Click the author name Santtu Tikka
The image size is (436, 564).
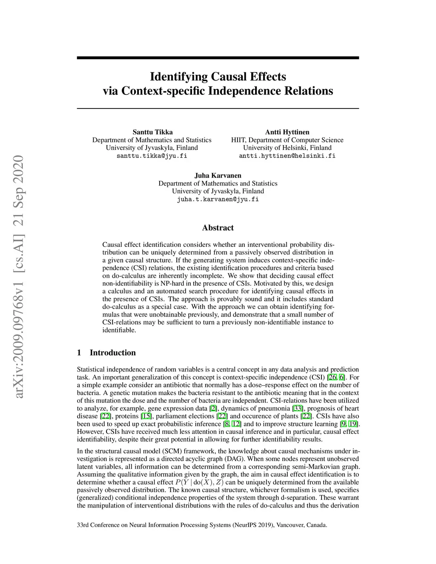[152, 132]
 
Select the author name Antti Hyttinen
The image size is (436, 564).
[287, 132]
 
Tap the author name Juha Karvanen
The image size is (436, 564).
[218, 175]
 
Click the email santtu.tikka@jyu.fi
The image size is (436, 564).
[152, 156]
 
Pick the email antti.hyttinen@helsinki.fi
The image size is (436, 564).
[287, 156]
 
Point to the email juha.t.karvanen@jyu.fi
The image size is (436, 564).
[218, 199]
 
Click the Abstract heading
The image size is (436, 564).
[218, 228]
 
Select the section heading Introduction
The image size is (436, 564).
[112, 352]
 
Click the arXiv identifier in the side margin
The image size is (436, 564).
[18, 277]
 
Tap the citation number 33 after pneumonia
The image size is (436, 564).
[298, 409]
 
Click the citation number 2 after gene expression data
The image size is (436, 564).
[213, 409]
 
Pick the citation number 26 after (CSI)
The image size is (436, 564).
[332, 378]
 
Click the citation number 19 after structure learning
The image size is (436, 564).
[353, 424]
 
